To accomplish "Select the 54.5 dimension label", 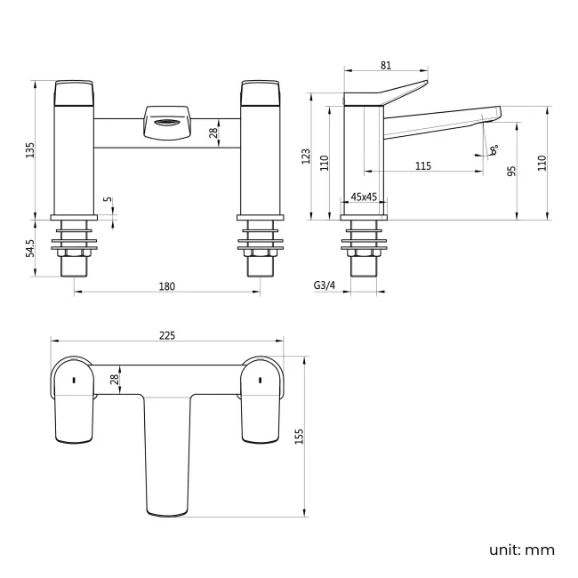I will tap(30, 248).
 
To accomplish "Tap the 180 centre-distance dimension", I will tap(167, 285).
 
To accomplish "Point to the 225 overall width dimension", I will tap(167, 335).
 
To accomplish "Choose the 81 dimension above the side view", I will tap(386, 65).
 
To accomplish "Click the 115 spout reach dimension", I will tap(423, 166).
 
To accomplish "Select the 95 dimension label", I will tap(512, 171).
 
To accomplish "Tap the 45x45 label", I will tap(365, 197).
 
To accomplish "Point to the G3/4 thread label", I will tap(325, 285).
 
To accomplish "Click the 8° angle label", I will tap(494, 150).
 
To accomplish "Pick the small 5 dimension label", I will tap(107, 200).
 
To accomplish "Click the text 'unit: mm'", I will tap(521, 550).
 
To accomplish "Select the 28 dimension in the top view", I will tap(114, 379).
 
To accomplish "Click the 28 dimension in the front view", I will tap(213, 133).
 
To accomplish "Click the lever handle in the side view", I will tap(391, 92).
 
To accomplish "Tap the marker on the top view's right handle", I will tap(260, 381).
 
